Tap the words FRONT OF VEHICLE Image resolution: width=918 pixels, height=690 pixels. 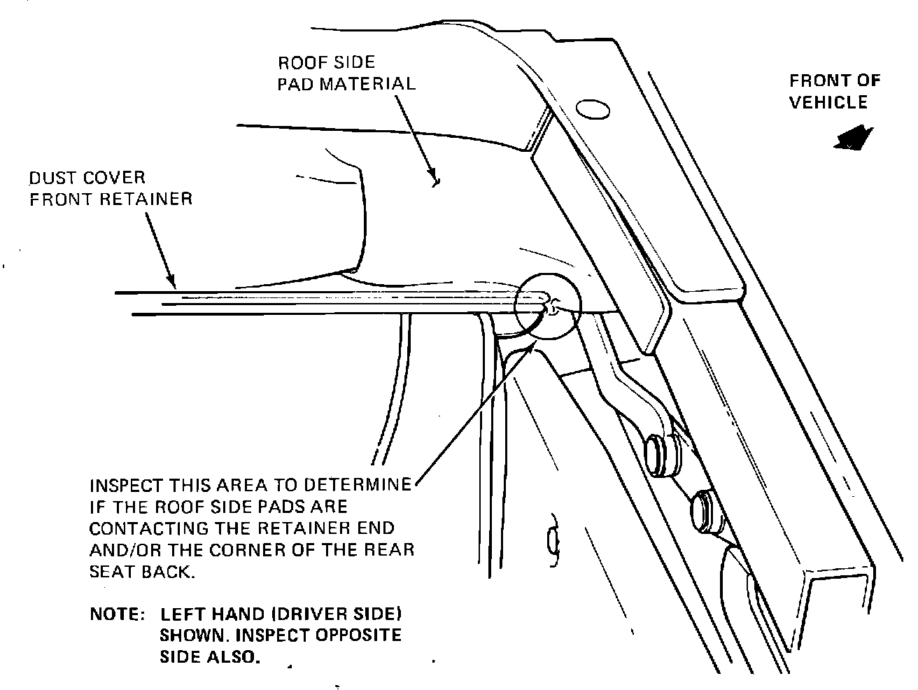[833, 92]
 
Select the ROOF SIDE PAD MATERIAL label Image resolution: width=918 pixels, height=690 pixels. [346, 73]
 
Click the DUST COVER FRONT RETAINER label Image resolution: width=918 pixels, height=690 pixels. [111, 188]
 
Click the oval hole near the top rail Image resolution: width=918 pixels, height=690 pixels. [591, 109]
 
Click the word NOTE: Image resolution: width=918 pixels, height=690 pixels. [117, 615]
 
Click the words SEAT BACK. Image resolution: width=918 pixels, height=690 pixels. [140, 571]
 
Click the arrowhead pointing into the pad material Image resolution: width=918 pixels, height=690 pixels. [434, 180]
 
